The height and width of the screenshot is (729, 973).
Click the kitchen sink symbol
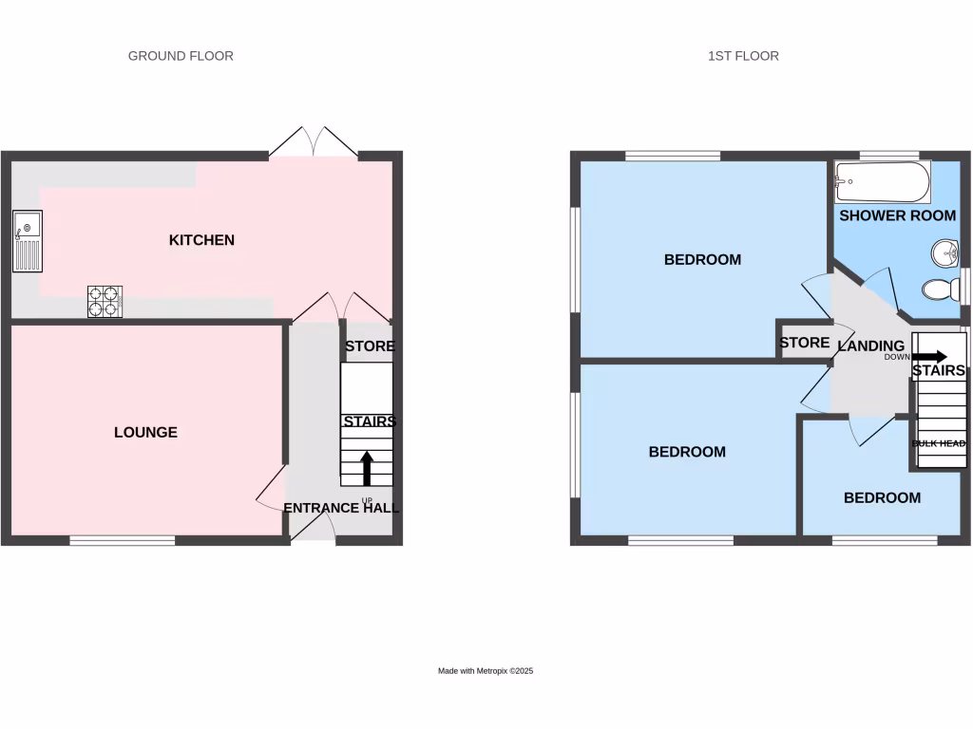tap(28, 241)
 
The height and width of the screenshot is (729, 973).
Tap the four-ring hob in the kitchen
tap(105, 301)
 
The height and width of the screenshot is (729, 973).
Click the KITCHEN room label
tap(201, 240)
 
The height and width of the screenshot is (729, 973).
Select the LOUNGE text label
tap(145, 432)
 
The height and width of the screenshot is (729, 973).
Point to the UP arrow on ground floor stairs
tap(367, 468)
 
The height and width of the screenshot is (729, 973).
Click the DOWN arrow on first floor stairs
tap(928, 357)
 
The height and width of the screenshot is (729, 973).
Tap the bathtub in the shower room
tap(881, 182)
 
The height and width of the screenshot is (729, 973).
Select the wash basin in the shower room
tap(944, 253)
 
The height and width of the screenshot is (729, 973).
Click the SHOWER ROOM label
tap(897, 215)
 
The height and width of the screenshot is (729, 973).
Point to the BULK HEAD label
tap(939, 443)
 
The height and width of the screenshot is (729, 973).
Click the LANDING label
tap(870, 346)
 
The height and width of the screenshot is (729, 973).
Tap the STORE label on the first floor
tap(804, 343)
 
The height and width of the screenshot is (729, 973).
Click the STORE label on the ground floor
tap(370, 346)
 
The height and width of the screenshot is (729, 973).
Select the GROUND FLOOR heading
tap(181, 56)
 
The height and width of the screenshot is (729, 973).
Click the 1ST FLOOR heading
tap(743, 56)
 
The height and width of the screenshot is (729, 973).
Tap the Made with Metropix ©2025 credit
tap(486, 671)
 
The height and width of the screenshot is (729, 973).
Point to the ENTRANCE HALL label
tap(341, 508)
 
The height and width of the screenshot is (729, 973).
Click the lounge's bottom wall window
tap(122, 541)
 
